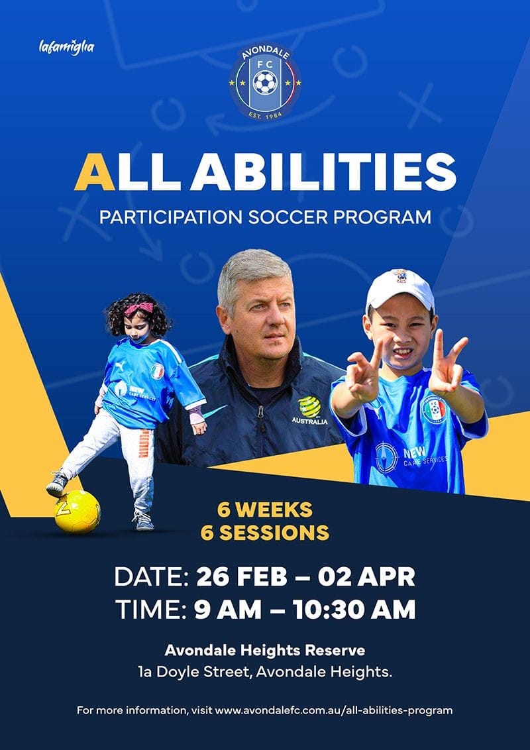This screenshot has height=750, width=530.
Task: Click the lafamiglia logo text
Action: [x=66, y=47]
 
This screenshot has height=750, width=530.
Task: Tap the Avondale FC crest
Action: [x=265, y=82]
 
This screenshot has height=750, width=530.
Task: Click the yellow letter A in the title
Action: [x=95, y=172]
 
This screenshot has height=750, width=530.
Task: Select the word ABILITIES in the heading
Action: [x=323, y=172]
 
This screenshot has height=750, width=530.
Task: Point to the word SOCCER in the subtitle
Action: [x=288, y=217]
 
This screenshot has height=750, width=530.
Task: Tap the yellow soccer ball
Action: [x=77, y=511]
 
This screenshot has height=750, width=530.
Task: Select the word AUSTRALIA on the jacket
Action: [x=310, y=421]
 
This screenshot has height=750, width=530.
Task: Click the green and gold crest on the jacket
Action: [x=309, y=407]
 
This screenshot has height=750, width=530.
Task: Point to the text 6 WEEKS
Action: [x=265, y=510]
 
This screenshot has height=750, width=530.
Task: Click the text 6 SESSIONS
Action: [x=265, y=533]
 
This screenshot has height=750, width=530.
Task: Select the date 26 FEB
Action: [x=242, y=577]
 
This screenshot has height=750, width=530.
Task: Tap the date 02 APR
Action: [x=366, y=577]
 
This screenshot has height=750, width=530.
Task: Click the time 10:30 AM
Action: [x=354, y=610]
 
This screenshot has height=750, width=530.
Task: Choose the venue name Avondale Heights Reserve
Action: [x=264, y=651]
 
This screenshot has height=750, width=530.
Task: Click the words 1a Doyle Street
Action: [x=193, y=672]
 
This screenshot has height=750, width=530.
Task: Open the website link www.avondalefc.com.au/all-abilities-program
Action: [x=334, y=710]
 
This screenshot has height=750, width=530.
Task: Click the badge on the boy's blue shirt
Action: [x=434, y=409]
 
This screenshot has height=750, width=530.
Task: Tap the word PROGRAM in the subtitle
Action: [x=382, y=217]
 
